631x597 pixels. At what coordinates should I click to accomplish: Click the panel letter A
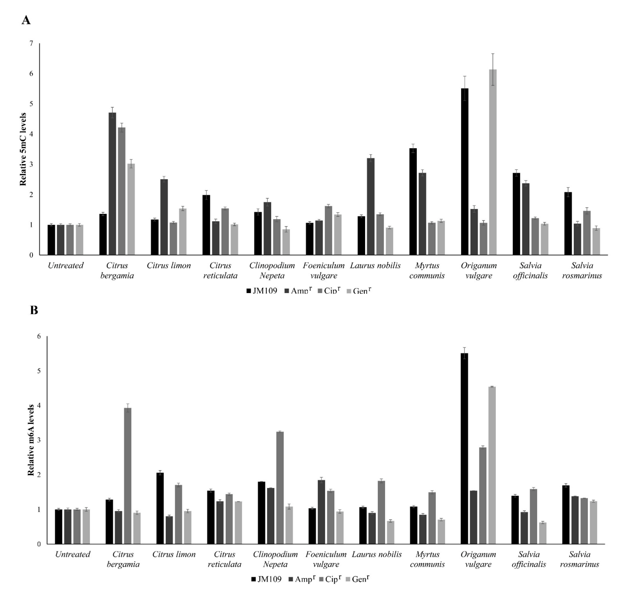pos(26,20)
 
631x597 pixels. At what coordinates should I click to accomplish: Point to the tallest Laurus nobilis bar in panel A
pos(371,206)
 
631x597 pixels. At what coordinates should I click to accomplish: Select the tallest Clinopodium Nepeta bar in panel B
pos(280,488)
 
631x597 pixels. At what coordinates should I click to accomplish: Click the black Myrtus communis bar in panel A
pos(413,201)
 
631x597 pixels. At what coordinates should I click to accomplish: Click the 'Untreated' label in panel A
pos(66,265)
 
